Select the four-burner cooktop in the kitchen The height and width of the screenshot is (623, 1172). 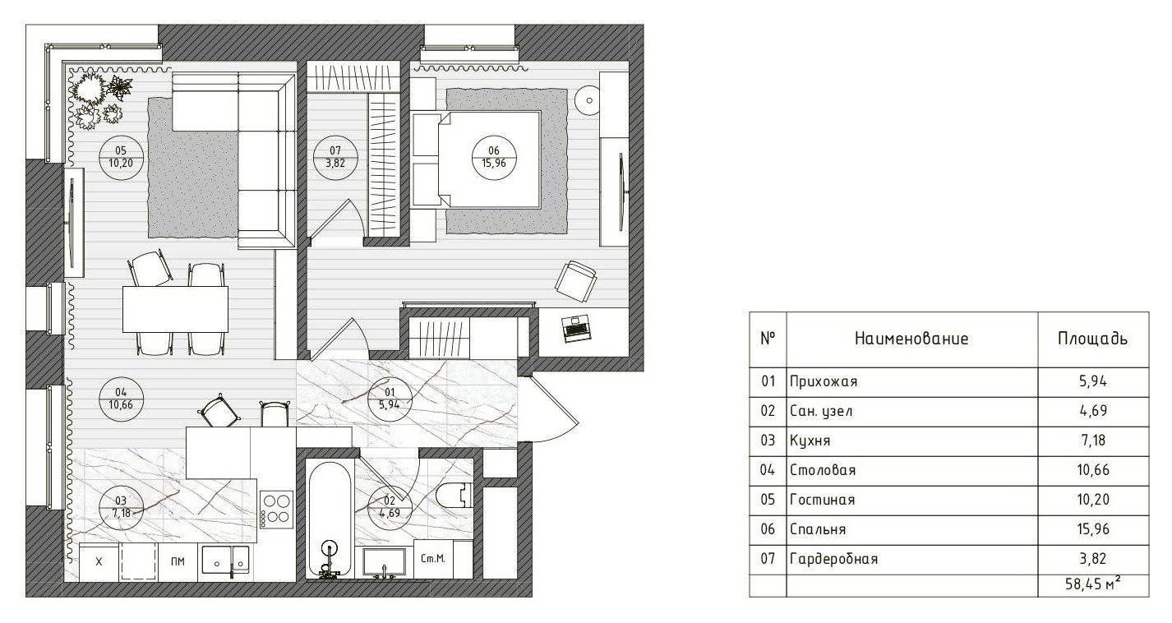click(x=276, y=510)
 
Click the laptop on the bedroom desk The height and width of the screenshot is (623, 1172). click(x=576, y=329)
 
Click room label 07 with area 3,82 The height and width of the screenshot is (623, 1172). click(x=335, y=157)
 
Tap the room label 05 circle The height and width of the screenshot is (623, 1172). click(x=121, y=157)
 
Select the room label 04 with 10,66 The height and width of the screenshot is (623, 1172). click(x=121, y=399)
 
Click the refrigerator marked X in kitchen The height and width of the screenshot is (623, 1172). click(x=99, y=562)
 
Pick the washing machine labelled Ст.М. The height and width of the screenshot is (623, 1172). click(x=433, y=559)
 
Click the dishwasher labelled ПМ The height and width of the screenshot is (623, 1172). click(x=178, y=562)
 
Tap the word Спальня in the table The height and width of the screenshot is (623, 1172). click(x=818, y=529)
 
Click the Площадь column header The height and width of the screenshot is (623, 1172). click(x=1092, y=339)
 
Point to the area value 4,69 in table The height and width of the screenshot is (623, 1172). click(x=1093, y=411)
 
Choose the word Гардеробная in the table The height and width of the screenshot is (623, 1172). click(x=833, y=559)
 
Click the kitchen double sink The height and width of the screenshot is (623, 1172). click(x=226, y=562)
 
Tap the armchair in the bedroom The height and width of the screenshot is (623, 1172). click(x=575, y=281)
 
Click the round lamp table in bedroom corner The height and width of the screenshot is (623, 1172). click(x=589, y=100)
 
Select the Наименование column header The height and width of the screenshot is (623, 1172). click(x=911, y=339)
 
